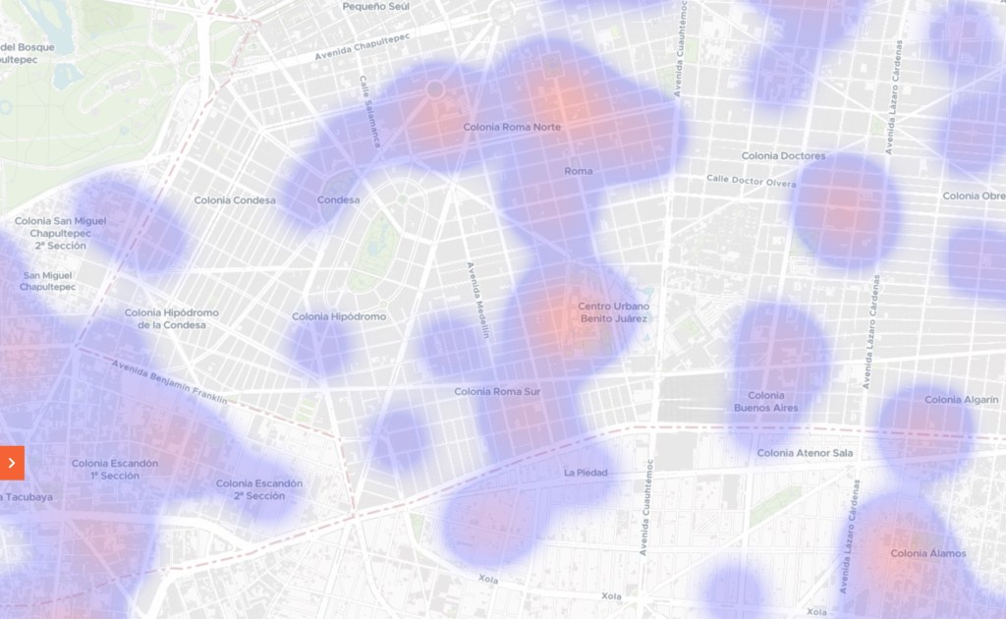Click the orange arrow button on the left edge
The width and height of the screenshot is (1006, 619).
click(x=12, y=463)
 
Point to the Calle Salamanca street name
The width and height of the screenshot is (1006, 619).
click(x=369, y=111)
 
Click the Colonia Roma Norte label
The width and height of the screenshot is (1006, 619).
click(x=512, y=128)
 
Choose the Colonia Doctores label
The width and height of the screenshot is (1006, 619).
click(x=783, y=156)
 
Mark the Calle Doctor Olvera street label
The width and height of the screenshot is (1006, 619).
click(x=751, y=181)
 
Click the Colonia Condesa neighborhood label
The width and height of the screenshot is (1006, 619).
click(x=235, y=200)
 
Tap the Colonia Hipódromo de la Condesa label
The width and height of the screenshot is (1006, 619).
click(x=172, y=319)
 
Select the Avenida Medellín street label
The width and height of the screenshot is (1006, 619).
click(x=477, y=301)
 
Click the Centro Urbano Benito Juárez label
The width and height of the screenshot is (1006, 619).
click(x=614, y=312)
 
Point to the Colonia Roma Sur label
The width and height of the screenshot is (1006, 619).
click(x=497, y=392)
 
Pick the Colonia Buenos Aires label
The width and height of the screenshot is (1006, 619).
click(x=765, y=401)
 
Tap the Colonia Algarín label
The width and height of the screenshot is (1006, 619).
click(x=956, y=400)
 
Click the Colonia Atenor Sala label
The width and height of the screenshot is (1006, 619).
click(x=805, y=453)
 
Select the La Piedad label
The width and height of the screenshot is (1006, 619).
click(x=586, y=473)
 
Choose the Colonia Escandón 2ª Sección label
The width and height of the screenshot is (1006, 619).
click(x=259, y=489)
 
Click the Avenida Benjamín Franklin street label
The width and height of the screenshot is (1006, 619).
click(x=169, y=381)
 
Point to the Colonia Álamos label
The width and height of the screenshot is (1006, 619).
click(x=927, y=553)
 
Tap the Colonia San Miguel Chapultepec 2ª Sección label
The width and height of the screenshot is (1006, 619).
click(x=60, y=233)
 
